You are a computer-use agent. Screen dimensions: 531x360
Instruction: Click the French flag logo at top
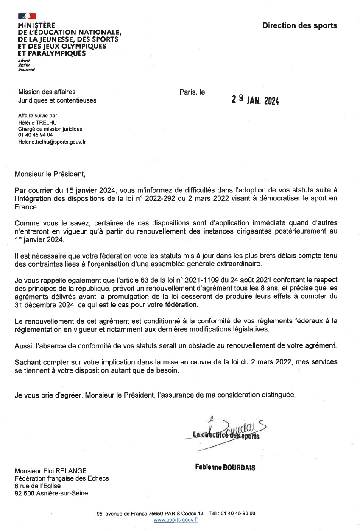point(27,17)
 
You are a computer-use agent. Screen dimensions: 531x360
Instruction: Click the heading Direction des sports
point(299,25)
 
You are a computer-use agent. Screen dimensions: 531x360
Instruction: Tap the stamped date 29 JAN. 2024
point(255,100)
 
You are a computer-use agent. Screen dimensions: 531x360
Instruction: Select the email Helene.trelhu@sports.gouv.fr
point(52,142)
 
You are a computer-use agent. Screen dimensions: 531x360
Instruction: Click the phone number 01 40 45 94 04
point(35,135)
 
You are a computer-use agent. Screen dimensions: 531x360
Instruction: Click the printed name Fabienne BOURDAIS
point(226,468)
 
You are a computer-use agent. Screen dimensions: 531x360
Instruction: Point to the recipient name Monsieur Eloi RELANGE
point(50,471)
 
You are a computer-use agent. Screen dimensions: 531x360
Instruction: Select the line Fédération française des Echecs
point(61,478)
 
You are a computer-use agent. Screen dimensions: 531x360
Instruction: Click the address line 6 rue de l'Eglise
point(37,486)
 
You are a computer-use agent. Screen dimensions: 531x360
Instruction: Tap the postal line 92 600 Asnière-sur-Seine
point(51,493)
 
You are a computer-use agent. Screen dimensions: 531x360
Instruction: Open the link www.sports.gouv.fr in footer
point(176,520)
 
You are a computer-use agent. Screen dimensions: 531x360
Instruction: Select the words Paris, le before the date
point(192,92)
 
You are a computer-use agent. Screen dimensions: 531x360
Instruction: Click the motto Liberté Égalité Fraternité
point(26,65)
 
